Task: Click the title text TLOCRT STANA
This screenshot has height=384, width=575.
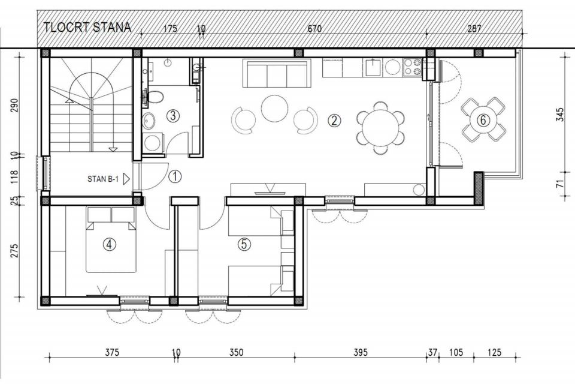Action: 87,28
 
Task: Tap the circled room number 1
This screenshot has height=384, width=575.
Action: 175,176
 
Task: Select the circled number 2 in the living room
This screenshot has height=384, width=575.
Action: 334,121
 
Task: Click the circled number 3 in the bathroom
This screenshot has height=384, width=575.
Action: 172,116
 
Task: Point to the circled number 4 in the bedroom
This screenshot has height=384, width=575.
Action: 109,244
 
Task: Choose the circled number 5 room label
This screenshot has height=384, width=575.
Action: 244,244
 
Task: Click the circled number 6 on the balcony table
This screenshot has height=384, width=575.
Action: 483,120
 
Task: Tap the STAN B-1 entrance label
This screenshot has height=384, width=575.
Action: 102,179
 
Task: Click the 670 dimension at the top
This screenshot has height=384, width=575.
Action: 314,29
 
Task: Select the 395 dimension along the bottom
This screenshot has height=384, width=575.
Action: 361,353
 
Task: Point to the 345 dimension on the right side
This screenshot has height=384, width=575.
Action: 559,115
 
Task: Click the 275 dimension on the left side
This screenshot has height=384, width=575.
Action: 14,250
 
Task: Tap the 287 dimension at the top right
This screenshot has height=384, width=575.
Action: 474,29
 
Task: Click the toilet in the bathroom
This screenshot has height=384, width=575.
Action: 154,97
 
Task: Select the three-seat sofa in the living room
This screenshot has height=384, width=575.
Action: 277,73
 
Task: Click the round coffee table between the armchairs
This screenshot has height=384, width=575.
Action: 275,108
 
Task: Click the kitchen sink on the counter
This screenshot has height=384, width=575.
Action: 373,67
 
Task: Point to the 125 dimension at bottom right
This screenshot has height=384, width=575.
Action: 494,353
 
